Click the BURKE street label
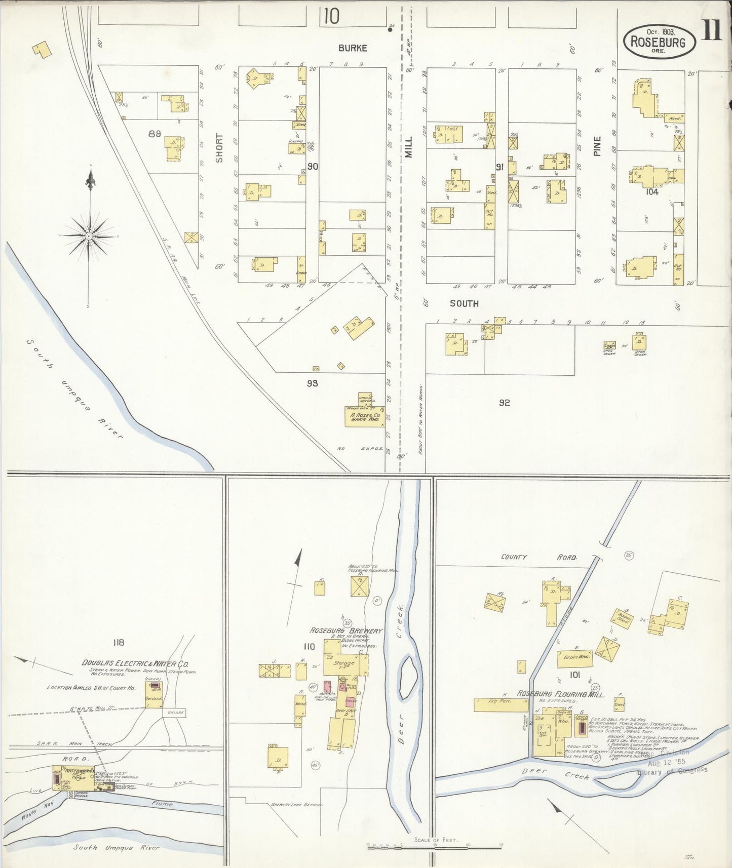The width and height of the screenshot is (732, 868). (x=353, y=48)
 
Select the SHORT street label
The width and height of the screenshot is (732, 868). (x=219, y=148)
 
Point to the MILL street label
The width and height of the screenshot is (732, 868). (x=408, y=151)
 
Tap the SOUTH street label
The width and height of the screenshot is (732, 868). (x=464, y=303)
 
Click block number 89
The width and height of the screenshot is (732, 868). (x=155, y=134)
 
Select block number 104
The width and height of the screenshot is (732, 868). (x=651, y=191)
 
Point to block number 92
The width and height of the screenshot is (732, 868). (x=504, y=403)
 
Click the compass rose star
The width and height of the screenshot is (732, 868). (x=89, y=235)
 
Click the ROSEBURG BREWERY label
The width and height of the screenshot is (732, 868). (x=345, y=630)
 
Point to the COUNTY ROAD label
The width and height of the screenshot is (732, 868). (x=538, y=557)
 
